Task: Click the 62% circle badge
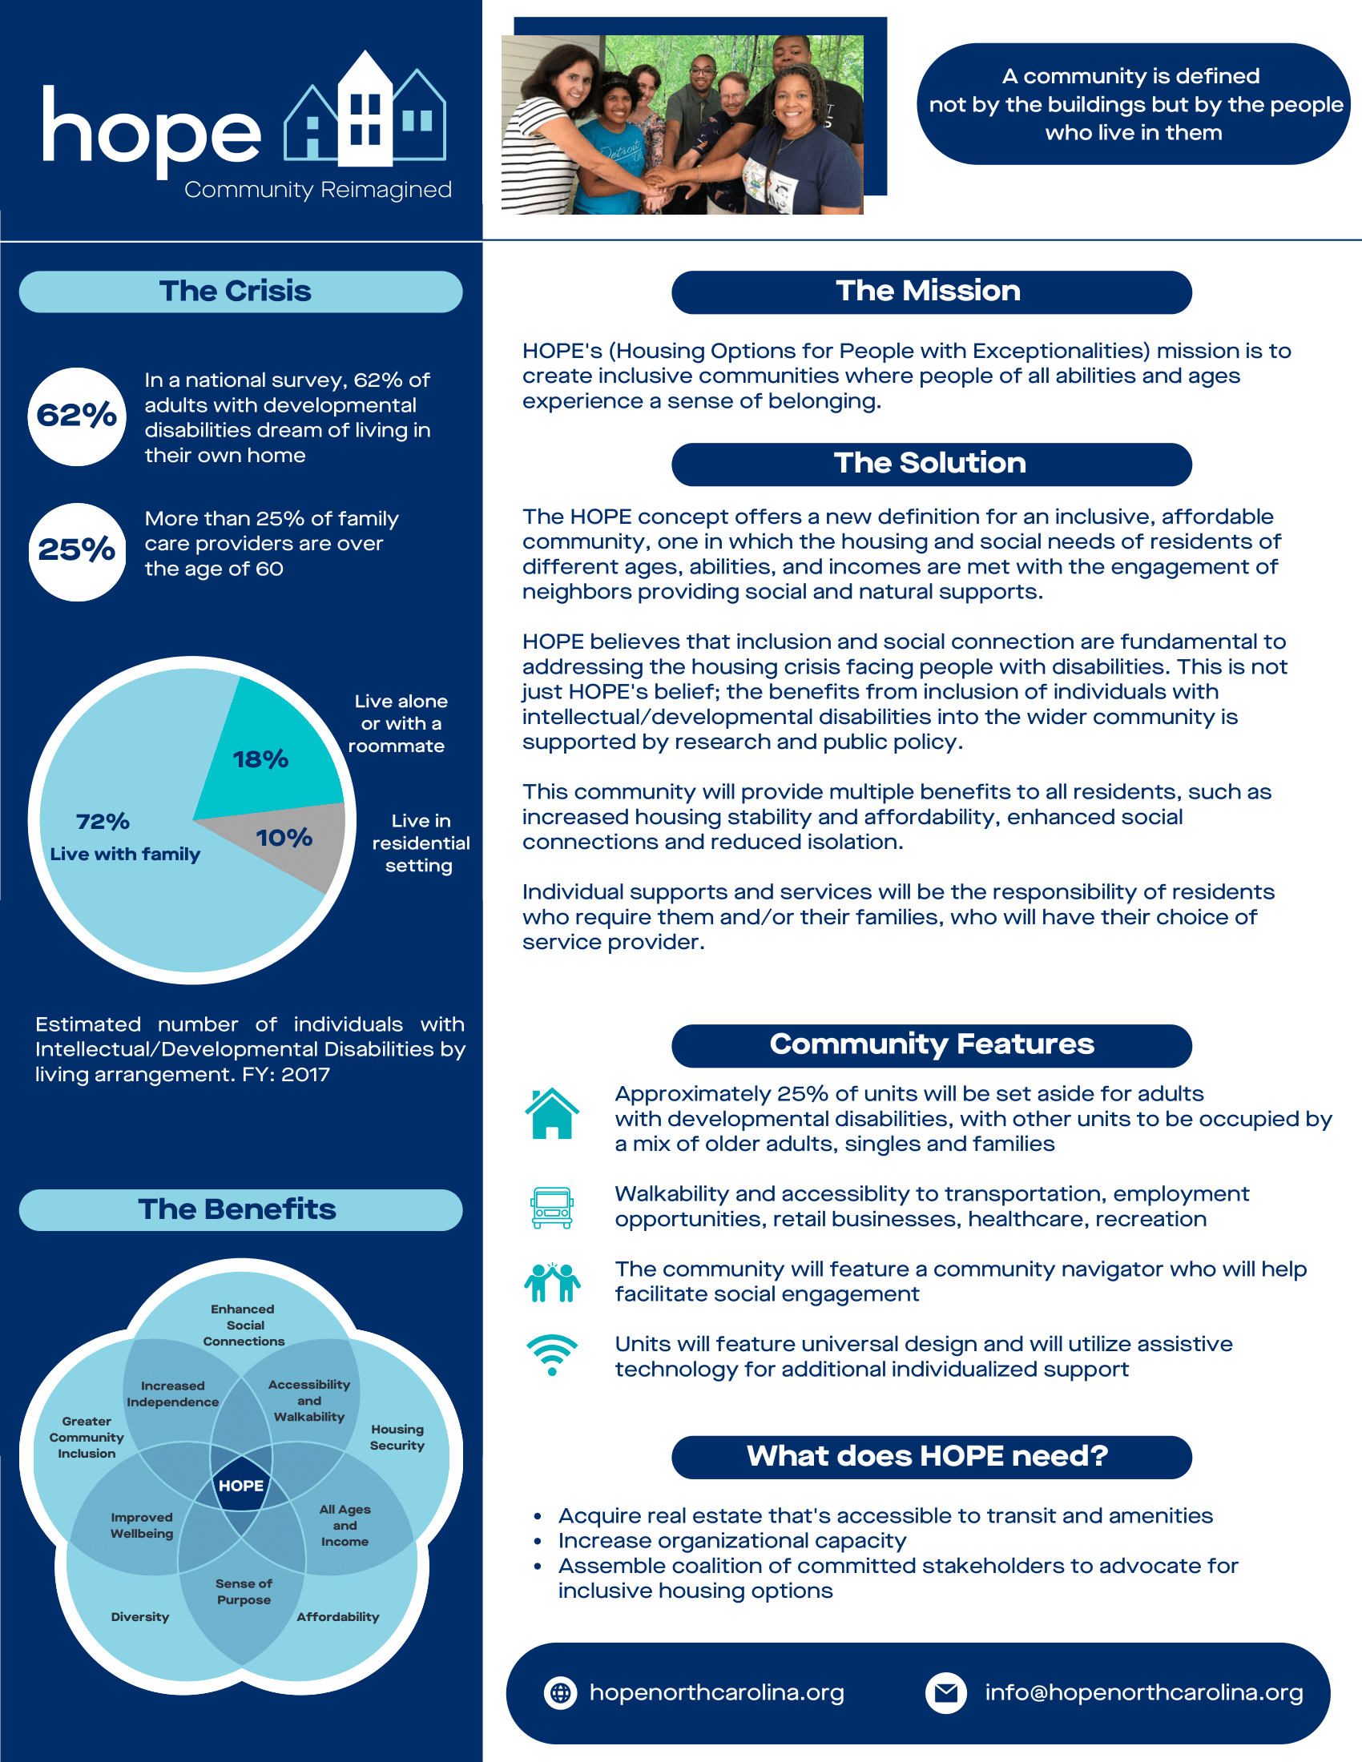[x=77, y=416]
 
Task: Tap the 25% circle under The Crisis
[x=77, y=551]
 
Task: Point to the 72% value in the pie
[x=103, y=821]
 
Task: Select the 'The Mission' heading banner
[x=931, y=292]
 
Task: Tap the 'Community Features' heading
[x=931, y=1044]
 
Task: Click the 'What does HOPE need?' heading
[x=931, y=1456]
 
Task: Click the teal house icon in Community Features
[x=552, y=1113]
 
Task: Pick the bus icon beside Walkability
[x=552, y=1207]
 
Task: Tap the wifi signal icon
[x=552, y=1355]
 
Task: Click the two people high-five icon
[x=552, y=1282]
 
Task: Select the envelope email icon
[x=945, y=1692]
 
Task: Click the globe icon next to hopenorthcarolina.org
[x=561, y=1692]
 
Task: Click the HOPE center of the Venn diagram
[x=241, y=1485]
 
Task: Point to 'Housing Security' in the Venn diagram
[x=397, y=1437]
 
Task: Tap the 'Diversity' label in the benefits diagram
[x=140, y=1617]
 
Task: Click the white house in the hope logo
[x=365, y=113]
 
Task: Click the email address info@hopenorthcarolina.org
[x=1143, y=1692]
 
